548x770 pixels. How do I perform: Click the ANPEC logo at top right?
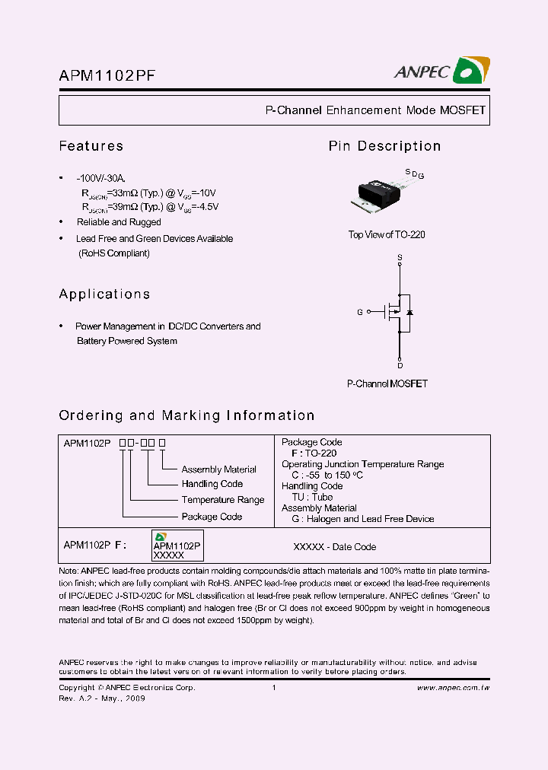pyautogui.click(x=441, y=71)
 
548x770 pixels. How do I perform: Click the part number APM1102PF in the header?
pyautogui.click(x=108, y=75)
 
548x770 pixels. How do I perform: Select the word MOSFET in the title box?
pyautogui.click(x=462, y=110)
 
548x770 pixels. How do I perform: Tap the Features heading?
pyautogui.click(x=91, y=146)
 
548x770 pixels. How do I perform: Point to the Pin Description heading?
pyautogui.click(x=384, y=146)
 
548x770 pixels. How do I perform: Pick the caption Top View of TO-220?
pyautogui.click(x=387, y=234)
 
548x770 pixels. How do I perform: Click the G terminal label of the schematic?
pyautogui.click(x=360, y=312)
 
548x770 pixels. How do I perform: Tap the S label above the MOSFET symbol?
pyautogui.click(x=400, y=259)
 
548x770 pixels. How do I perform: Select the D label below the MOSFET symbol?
pyautogui.click(x=400, y=365)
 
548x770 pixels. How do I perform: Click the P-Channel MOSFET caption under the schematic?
pyautogui.click(x=387, y=384)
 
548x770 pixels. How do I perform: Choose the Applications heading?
pyautogui.click(x=104, y=294)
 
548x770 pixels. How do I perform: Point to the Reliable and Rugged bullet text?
pyautogui.click(x=119, y=222)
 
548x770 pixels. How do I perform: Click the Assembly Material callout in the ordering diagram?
pyautogui.click(x=218, y=469)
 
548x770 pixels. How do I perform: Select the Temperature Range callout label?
pyautogui.click(x=222, y=500)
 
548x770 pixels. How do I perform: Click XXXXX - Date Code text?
pyautogui.click(x=334, y=546)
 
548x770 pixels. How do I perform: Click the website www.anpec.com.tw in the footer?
pyautogui.click(x=453, y=688)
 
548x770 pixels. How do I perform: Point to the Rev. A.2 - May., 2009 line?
pyautogui.click(x=102, y=698)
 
